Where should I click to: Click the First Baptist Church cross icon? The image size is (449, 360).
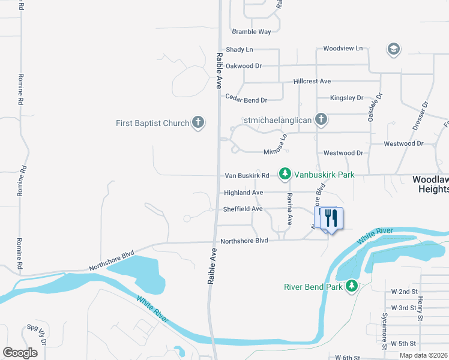pyautogui.click(x=198, y=123)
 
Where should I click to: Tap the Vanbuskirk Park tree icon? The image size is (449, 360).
pyautogui.click(x=285, y=175)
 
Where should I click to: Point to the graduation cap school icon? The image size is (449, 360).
pyautogui.click(x=394, y=49)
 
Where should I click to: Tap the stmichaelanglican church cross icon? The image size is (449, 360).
pyautogui.click(x=321, y=119)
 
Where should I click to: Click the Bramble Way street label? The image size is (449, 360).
pyautogui.click(x=252, y=32)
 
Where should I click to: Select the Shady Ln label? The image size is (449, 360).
pyautogui.click(x=240, y=50)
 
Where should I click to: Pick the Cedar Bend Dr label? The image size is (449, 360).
pyautogui.click(x=246, y=98)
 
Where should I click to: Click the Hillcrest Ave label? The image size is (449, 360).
pyautogui.click(x=312, y=81)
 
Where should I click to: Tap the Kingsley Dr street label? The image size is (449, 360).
pyautogui.click(x=347, y=98)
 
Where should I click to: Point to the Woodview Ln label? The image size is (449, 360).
pyautogui.click(x=343, y=48)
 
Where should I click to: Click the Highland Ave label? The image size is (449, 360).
pyautogui.click(x=244, y=193)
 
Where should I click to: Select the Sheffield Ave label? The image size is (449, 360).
pyautogui.click(x=243, y=209)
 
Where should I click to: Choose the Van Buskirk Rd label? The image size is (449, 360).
pyautogui.click(x=246, y=176)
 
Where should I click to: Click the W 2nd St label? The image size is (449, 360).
pyautogui.click(x=404, y=292)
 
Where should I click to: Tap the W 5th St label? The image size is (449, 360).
pyautogui.click(x=403, y=344)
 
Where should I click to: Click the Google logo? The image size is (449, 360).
pyautogui.click(x=20, y=353)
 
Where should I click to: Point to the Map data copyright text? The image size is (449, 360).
pyautogui.click(x=424, y=355)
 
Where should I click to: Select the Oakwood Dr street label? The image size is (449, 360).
pyautogui.click(x=244, y=66)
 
